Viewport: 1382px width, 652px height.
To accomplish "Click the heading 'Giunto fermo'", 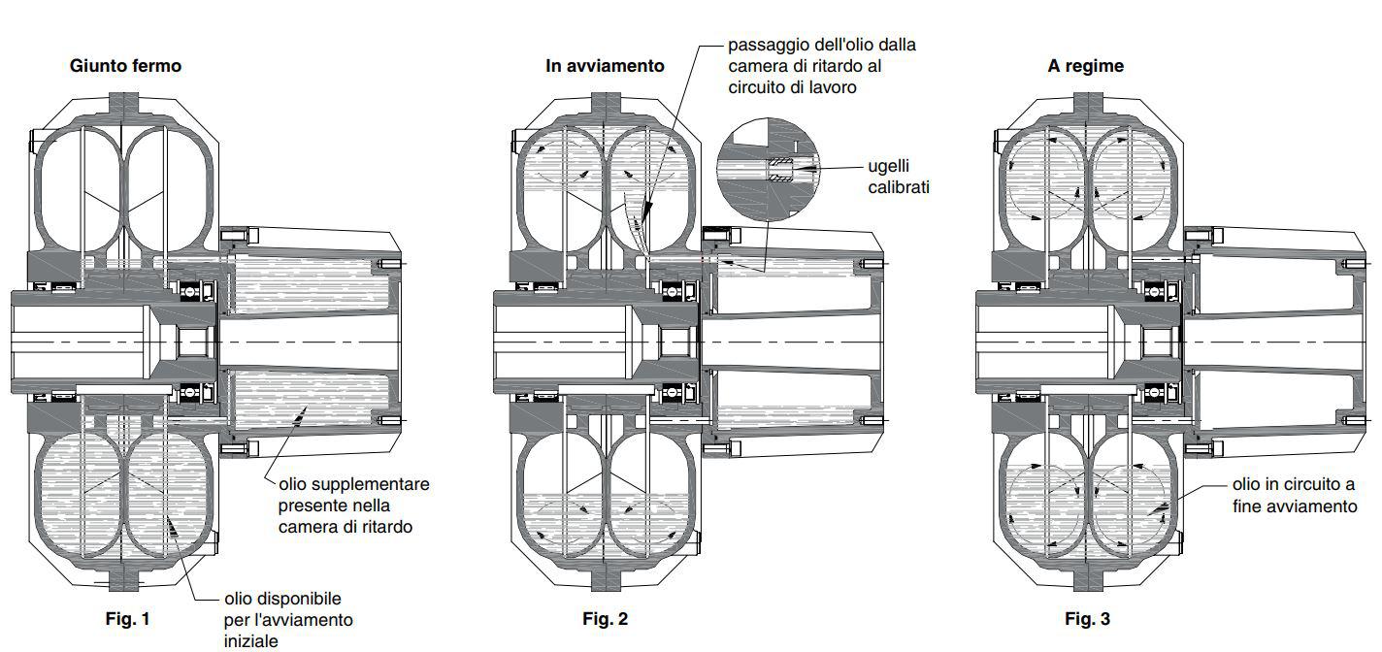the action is click(125, 66).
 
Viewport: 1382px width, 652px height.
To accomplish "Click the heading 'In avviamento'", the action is click(605, 66).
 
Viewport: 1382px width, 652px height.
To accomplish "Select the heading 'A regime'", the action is click(1085, 66).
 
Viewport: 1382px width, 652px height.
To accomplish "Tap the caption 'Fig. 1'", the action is click(128, 619).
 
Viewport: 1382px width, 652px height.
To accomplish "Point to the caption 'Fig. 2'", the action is click(605, 619).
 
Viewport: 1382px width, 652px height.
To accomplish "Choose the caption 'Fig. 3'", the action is click(1087, 619).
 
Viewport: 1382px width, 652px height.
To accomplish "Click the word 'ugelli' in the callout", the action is click(888, 167).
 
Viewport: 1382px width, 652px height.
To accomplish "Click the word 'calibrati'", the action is click(899, 187).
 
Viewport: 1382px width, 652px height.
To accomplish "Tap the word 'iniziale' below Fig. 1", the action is click(250, 641).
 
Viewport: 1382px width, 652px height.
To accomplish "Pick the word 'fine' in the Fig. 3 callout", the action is click(1246, 506).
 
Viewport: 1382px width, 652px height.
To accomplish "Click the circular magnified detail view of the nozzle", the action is click(767, 167).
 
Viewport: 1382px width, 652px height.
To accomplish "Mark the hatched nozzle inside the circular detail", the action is click(781, 170).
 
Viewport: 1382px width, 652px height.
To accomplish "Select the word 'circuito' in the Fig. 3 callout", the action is click(1307, 485).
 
